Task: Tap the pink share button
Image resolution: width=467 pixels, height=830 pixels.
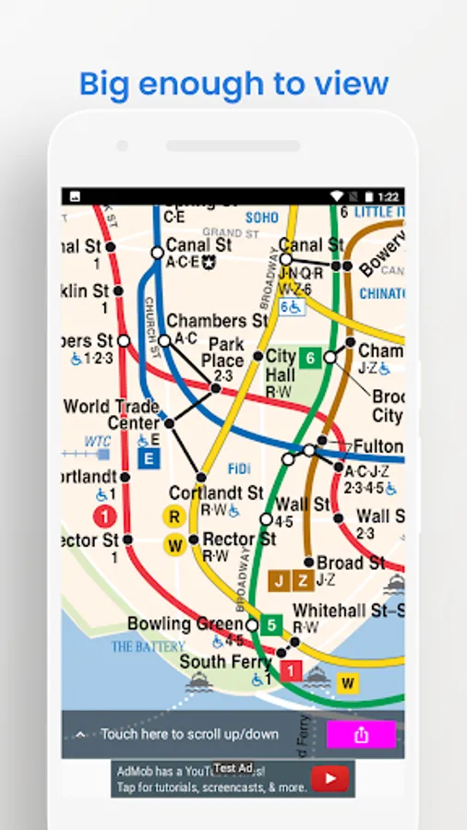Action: (x=361, y=734)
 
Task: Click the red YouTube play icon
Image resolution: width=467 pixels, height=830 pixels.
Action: (x=329, y=779)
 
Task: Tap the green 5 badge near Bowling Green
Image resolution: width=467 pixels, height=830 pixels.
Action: (x=271, y=625)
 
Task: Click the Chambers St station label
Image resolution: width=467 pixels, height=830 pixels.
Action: (x=218, y=321)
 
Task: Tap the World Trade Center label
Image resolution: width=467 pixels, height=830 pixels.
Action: (x=111, y=414)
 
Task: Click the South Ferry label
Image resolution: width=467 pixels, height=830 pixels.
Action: (x=225, y=662)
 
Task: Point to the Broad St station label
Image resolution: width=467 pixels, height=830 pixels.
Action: (x=351, y=563)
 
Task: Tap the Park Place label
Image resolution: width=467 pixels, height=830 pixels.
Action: (x=222, y=352)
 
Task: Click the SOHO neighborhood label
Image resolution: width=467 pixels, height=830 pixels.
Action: (x=261, y=218)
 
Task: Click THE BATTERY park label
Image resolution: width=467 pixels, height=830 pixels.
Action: (x=148, y=646)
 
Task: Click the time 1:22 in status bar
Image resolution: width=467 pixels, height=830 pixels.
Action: (x=388, y=196)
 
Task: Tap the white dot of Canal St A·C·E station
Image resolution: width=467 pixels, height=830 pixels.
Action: (x=157, y=252)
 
